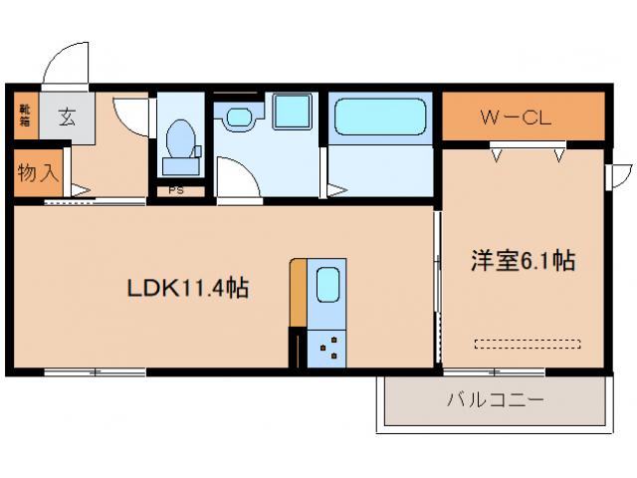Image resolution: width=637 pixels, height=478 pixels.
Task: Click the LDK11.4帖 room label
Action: click(x=186, y=289)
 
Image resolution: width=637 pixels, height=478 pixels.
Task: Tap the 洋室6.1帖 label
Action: click(x=523, y=261)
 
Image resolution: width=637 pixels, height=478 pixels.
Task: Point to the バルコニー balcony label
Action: click(x=494, y=401)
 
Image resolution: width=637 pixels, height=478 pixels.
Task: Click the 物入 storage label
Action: click(x=38, y=172)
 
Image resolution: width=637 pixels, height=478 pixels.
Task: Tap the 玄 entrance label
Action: click(x=67, y=118)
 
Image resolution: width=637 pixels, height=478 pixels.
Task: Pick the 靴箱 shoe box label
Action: click(x=24, y=118)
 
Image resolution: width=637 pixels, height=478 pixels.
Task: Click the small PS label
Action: click(x=175, y=189)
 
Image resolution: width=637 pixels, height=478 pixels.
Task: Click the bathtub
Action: click(x=381, y=118)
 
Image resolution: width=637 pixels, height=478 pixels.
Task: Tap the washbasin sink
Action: click(x=239, y=118)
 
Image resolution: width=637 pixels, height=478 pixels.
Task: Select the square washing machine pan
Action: click(x=294, y=114)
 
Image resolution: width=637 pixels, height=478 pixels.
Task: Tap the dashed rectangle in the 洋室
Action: click(x=527, y=344)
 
